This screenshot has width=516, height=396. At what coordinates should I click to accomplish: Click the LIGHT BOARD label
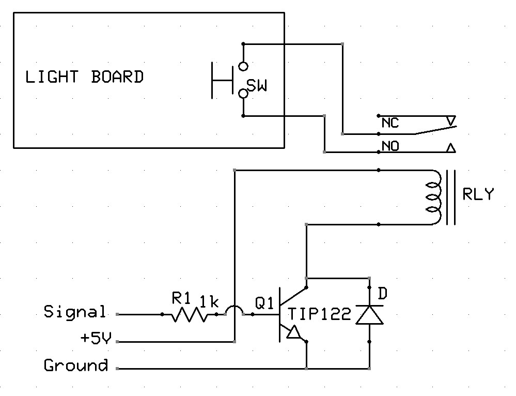pos(84,77)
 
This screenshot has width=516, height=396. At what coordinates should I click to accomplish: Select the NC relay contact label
pos(390,123)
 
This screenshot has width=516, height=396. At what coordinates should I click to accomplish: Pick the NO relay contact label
pos(390,147)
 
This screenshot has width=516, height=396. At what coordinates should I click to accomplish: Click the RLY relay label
pos(478,195)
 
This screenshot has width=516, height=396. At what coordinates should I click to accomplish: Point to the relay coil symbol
pos(433,197)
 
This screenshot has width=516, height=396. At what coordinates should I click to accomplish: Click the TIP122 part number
pos(319,314)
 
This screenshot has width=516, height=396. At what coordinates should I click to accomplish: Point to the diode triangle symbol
pos(369,314)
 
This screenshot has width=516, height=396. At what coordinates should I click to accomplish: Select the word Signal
pos(75,312)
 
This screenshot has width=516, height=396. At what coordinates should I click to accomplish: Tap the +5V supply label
pos(96,339)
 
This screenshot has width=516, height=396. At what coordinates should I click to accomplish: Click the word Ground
pos(76,365)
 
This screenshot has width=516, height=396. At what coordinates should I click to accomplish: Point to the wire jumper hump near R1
pos(235,310)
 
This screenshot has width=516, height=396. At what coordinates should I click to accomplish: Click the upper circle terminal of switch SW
pos(243,66)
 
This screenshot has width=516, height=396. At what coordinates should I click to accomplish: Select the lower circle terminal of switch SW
pos(243,94)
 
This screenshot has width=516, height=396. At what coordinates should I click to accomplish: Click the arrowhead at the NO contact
pos(450,149)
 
